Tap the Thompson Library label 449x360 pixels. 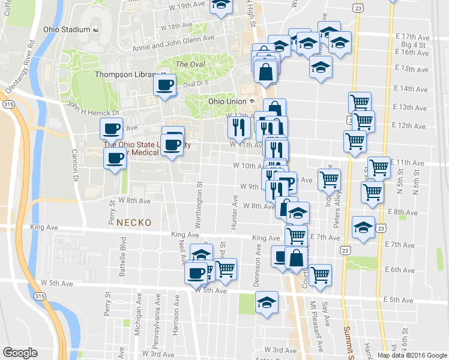(x=125, y=75)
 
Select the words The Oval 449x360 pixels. (x=189, y=65)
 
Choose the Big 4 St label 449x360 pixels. (x=413, y=44)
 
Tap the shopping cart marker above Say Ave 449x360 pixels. (x=321, y=274)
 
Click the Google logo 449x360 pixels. (x=20, y=353)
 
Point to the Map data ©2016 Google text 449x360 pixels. (x=411, y=355)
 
